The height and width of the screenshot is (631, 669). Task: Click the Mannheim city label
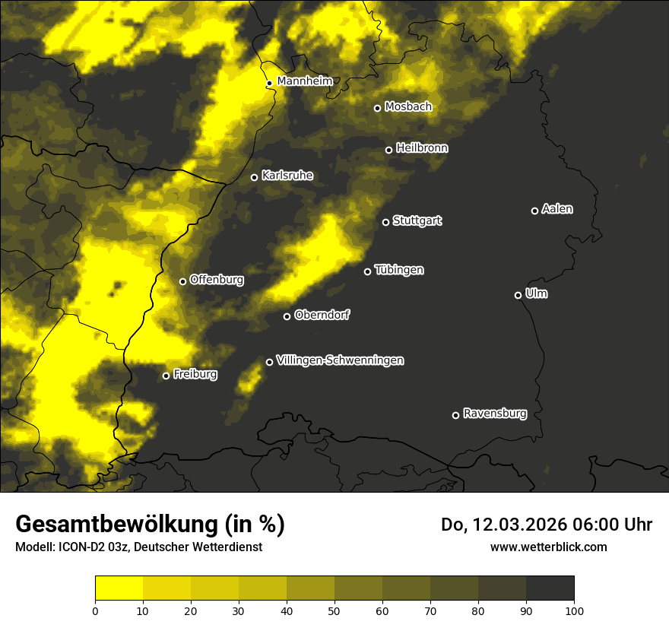pyautogui.click(x=305, y=81)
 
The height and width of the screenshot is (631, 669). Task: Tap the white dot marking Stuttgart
pyautogui.click(x=386, y=222)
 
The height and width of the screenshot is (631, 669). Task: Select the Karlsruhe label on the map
pyautogui.click(x=287, y=176)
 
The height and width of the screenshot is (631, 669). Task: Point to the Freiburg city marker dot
pyautogui.click(x=166, y=376)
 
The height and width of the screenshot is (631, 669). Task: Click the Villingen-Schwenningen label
pyautogui.click(x=340, y=360)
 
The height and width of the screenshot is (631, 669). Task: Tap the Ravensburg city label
pyautogui.click(x=494, y=414)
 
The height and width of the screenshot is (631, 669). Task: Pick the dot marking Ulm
pyautogui.click(x=518, y=295)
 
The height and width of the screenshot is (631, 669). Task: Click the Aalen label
pyautogui.click(x=556, y=209)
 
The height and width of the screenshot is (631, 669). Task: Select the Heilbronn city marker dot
pyautogui.click(x=389, y=150)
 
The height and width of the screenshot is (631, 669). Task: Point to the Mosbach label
pyautogui.click(x=407, y=106)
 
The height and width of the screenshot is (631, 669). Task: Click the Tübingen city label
pyautogui.click(x=398, y=270)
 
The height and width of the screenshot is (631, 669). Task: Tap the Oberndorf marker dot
pyautogui.click(x=287, y=316)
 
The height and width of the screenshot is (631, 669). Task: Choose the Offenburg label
pyautogui.click(x=216, y=280)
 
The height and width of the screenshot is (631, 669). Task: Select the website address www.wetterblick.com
pyautogui.click(x=548, y=547)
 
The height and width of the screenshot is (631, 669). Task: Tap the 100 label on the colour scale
pyautogui.click(x=574, y=610)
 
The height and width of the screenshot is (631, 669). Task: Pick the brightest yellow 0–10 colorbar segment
pyautogui.click(x=119, y=588)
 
